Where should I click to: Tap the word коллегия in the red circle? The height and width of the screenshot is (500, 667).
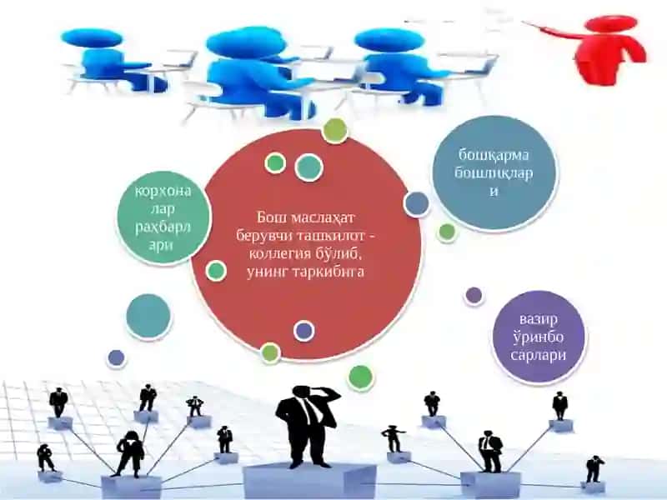click(x=278, y=254)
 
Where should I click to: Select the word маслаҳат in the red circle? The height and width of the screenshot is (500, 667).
click(x=323, y=217)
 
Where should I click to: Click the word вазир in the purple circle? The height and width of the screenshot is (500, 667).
click(x=538, y=319)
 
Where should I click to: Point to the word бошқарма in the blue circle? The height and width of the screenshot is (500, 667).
click(x=494, y=155)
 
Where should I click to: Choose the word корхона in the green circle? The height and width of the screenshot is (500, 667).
click(x=163, y=192)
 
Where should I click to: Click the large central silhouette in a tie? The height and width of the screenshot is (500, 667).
click(x=308, y=426)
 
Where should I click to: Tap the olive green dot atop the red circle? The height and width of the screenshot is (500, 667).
click(x=335, y=130)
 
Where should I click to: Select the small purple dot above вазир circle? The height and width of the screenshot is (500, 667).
click(x=474, y=295)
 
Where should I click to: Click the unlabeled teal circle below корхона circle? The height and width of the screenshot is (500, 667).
click(x=148, y=317)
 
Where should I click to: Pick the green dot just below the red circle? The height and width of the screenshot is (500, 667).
click(x=360, y=377)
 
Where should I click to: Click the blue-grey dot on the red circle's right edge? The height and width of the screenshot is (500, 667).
click(x=416, y=203)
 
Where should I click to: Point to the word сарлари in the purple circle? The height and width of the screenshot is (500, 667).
click(x=538, y=355)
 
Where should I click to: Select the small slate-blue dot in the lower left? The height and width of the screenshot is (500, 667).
click(x=116, y=358)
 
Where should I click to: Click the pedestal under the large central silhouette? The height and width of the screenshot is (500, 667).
click(x=309, y=481)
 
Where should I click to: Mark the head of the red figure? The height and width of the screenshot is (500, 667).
click(x=611, y=23)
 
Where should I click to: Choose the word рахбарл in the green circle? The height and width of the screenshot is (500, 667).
click(x=163, y=227)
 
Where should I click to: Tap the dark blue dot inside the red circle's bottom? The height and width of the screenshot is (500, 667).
click(x=303, y=331)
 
